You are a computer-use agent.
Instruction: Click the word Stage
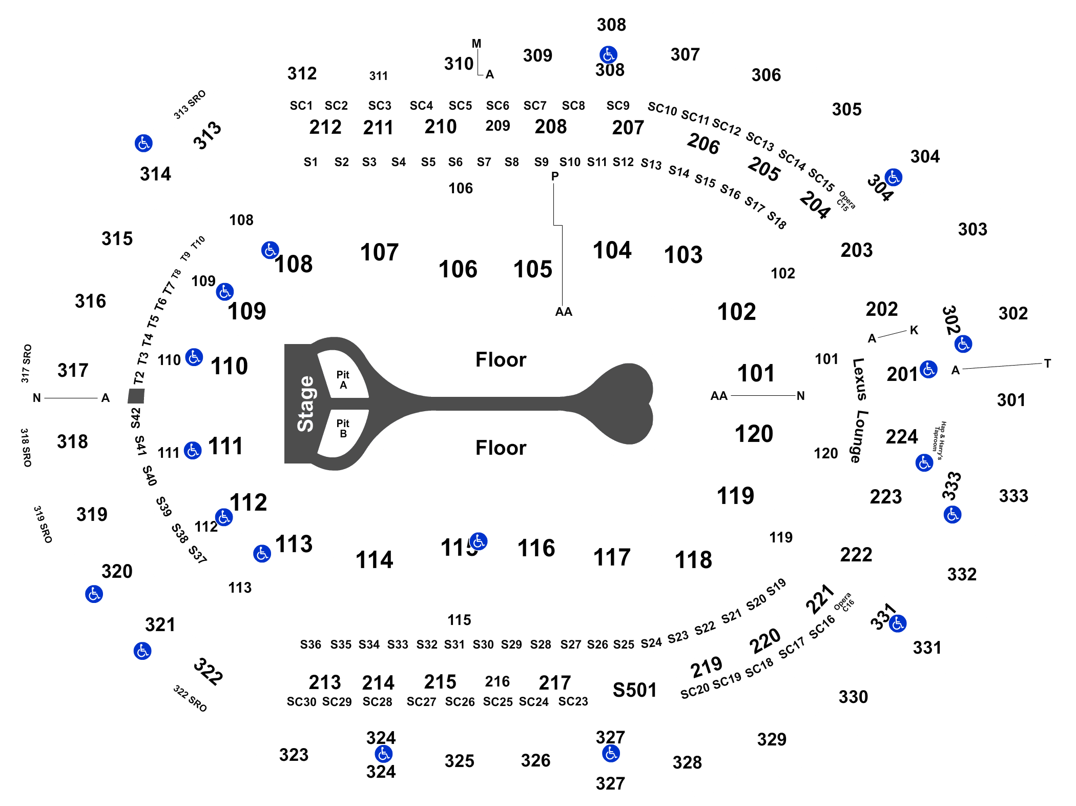[305, 404]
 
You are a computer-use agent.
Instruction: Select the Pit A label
[343, 380]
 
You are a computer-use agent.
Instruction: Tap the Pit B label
[343, 428]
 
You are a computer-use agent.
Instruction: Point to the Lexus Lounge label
[859, 410]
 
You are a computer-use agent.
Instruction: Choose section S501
[634, 690]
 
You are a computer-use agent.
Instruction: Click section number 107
[379, 252]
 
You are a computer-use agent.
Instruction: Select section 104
[612, 250]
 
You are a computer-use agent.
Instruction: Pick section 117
[612, 557]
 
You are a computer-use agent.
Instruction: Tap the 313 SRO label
[190, 105]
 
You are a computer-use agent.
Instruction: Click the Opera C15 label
[845, 201]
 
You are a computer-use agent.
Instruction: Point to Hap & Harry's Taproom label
[939, 440]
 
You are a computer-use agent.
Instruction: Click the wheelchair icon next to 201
[928, 369]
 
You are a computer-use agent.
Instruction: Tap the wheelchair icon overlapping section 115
[479, 541]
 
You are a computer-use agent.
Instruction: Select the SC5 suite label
[460, 106]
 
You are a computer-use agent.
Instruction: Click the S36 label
[311, 644]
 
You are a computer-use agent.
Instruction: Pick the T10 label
[198, 242]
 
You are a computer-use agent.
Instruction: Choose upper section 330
[853, 697]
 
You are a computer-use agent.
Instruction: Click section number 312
[302, 73]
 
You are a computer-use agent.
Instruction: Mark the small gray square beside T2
[136, 396]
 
